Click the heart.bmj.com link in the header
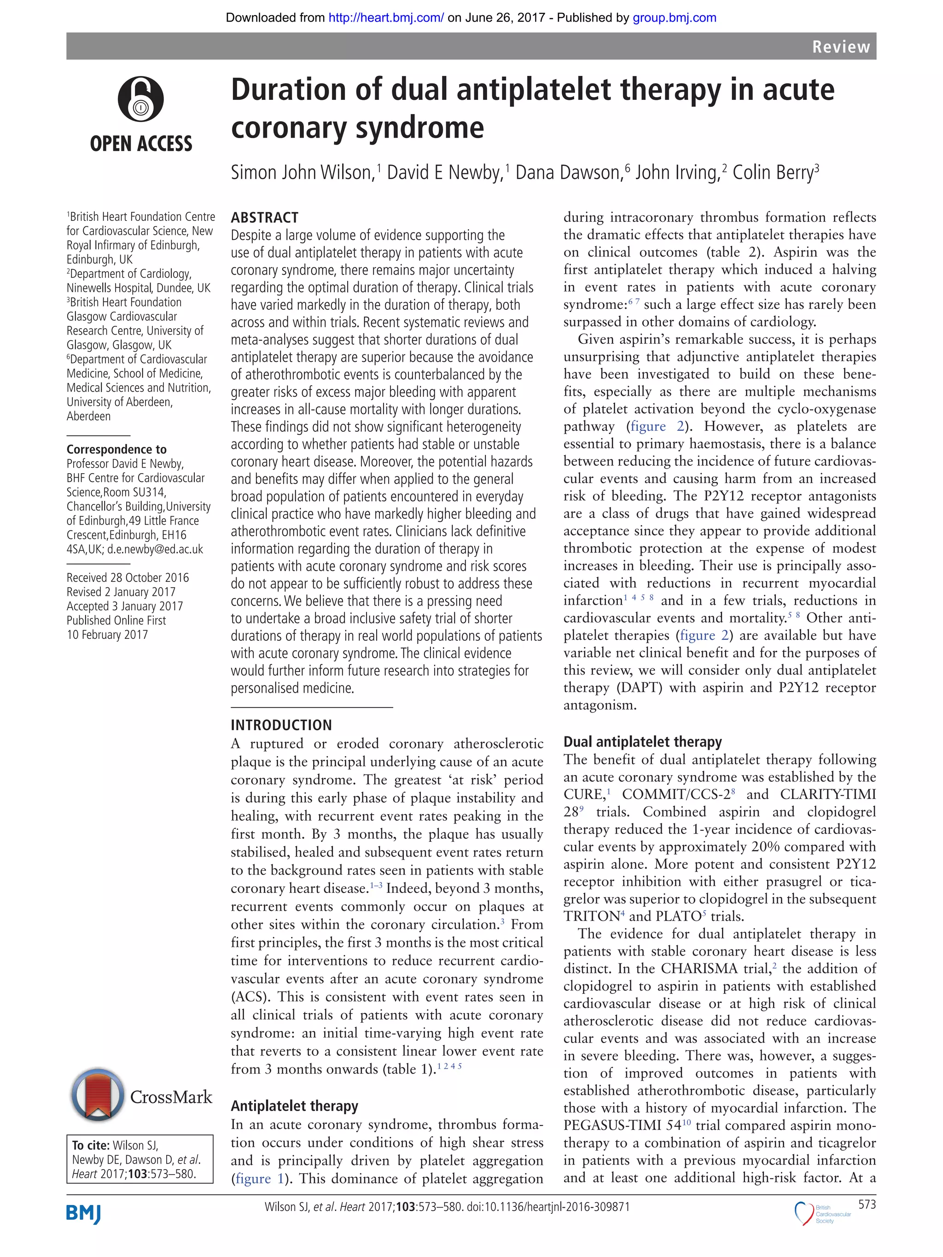tap(386, 17)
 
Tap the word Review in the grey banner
tap(841, 46)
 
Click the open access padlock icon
tap(141, 99)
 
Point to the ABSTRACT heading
tap(264, 218)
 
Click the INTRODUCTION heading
tap(281, 725)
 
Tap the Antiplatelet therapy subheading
tap(294, 1106)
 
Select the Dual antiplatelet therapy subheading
tap(642, 741)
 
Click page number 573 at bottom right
tap(867, 1205)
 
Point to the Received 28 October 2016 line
tap(128, 577)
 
